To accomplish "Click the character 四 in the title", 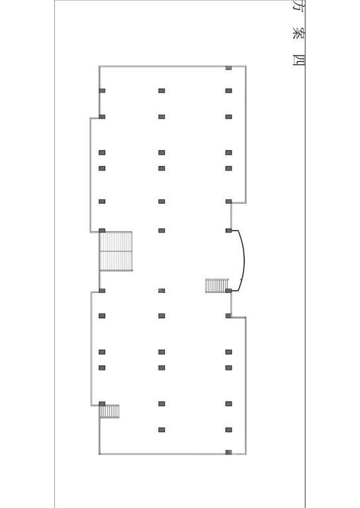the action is point(298,60).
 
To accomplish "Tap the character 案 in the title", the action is point(298,32).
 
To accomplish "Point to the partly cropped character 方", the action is point(298,6).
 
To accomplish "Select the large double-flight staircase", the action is point(116,251).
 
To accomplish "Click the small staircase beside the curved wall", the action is point(217,286).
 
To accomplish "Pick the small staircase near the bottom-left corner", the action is point(109,411).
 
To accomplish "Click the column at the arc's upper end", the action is point(228,231).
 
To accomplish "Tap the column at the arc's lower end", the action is point(228,290).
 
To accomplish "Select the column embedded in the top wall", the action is point(228,68).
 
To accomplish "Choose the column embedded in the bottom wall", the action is point(228,452).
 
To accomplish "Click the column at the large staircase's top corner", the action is point(102,231).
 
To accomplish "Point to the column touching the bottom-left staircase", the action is point(102,403).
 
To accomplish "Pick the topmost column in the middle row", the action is point(161,91).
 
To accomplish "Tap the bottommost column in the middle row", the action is point(161,430).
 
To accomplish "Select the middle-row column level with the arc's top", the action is point(161,231).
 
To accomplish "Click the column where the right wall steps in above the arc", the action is point(228,202).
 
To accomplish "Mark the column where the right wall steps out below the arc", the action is point(228,316).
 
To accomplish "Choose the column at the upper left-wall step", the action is point(102,117).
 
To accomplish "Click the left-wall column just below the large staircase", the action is point(102,290).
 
